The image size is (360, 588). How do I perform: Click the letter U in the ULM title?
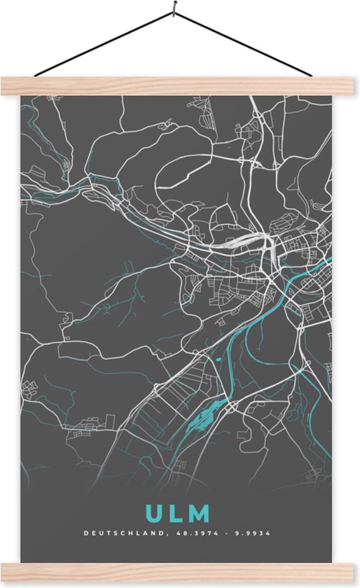(153, 514)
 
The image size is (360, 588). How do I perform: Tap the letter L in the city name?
(175, 514)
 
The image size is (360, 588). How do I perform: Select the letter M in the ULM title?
(199, 514)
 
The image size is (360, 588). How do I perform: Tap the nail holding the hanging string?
(173, 13)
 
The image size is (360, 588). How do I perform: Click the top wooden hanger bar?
(180, 86)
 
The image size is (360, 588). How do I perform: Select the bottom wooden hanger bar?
(180, 573)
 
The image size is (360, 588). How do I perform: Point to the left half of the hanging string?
(105, 43)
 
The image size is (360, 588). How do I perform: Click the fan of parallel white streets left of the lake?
(175, 392)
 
